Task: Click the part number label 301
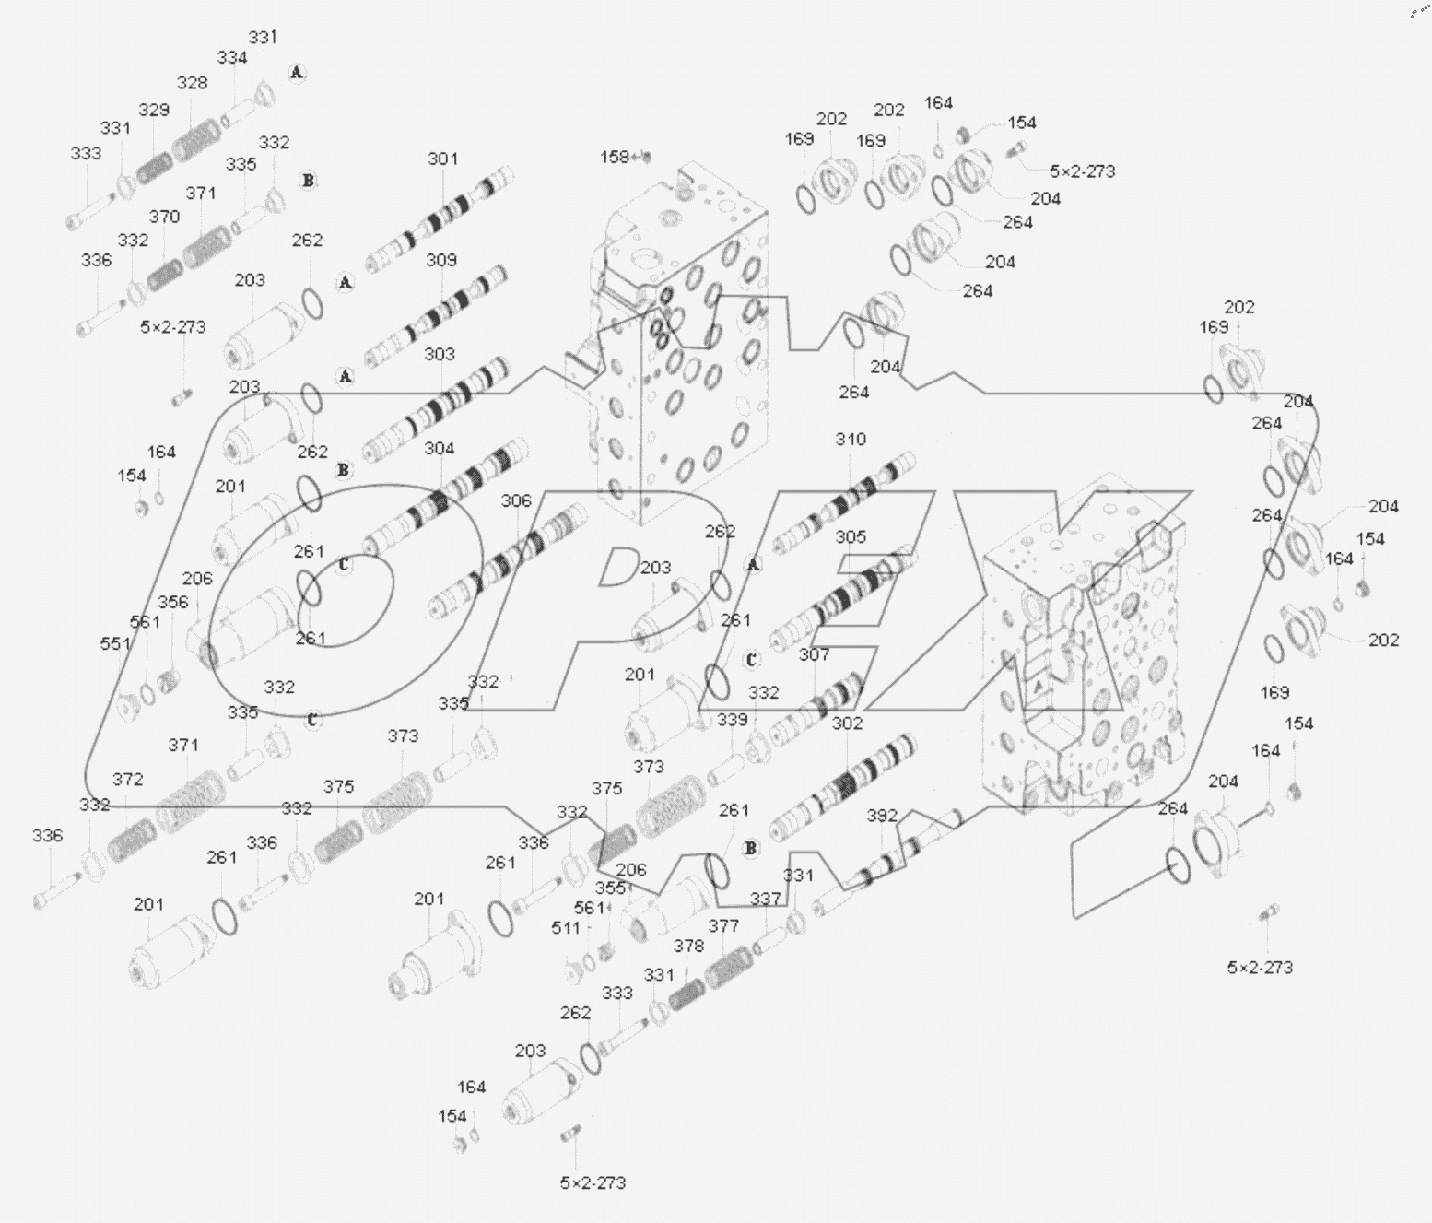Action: pyautogui.click(x=442, y=159)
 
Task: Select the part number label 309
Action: pyautogui.click(x=441, y=260)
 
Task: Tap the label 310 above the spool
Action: pyautogui.click(x=851, y=439)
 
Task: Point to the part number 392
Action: pyautogui.click(x=882, y=816)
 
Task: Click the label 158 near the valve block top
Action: pyautogui.click(x=615, y=158)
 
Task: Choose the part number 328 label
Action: pyautogui.click(x=192, y=83)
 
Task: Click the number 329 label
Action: pyautogui.click(x=154, y=110)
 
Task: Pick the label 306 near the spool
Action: pyautogui.click(x=516, y=500)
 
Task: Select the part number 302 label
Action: pyautogui.click(x=847, y=723)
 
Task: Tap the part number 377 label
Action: pyautogui.click(x=723, y=926)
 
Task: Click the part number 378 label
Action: pyautogui.click(x=688, y=946)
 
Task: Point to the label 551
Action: pyautogui.click(x=115, y=643)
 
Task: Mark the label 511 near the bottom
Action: pyautogui.click(x=566, y=927)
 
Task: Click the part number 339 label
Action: pyautogui.click(x=733, y=719)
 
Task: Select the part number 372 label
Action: pyautogui.click(x=127, y=780)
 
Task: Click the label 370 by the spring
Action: pyautogui.click(x=164, y=217)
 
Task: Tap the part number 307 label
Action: pyautogui.click(x=814, y=654)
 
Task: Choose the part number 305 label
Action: pyautogui.click(x=851, y=536)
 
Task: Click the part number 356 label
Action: pyautogui.click(x=172, y=602)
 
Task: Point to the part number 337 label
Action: pyautogui.click(x=765, y=898)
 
